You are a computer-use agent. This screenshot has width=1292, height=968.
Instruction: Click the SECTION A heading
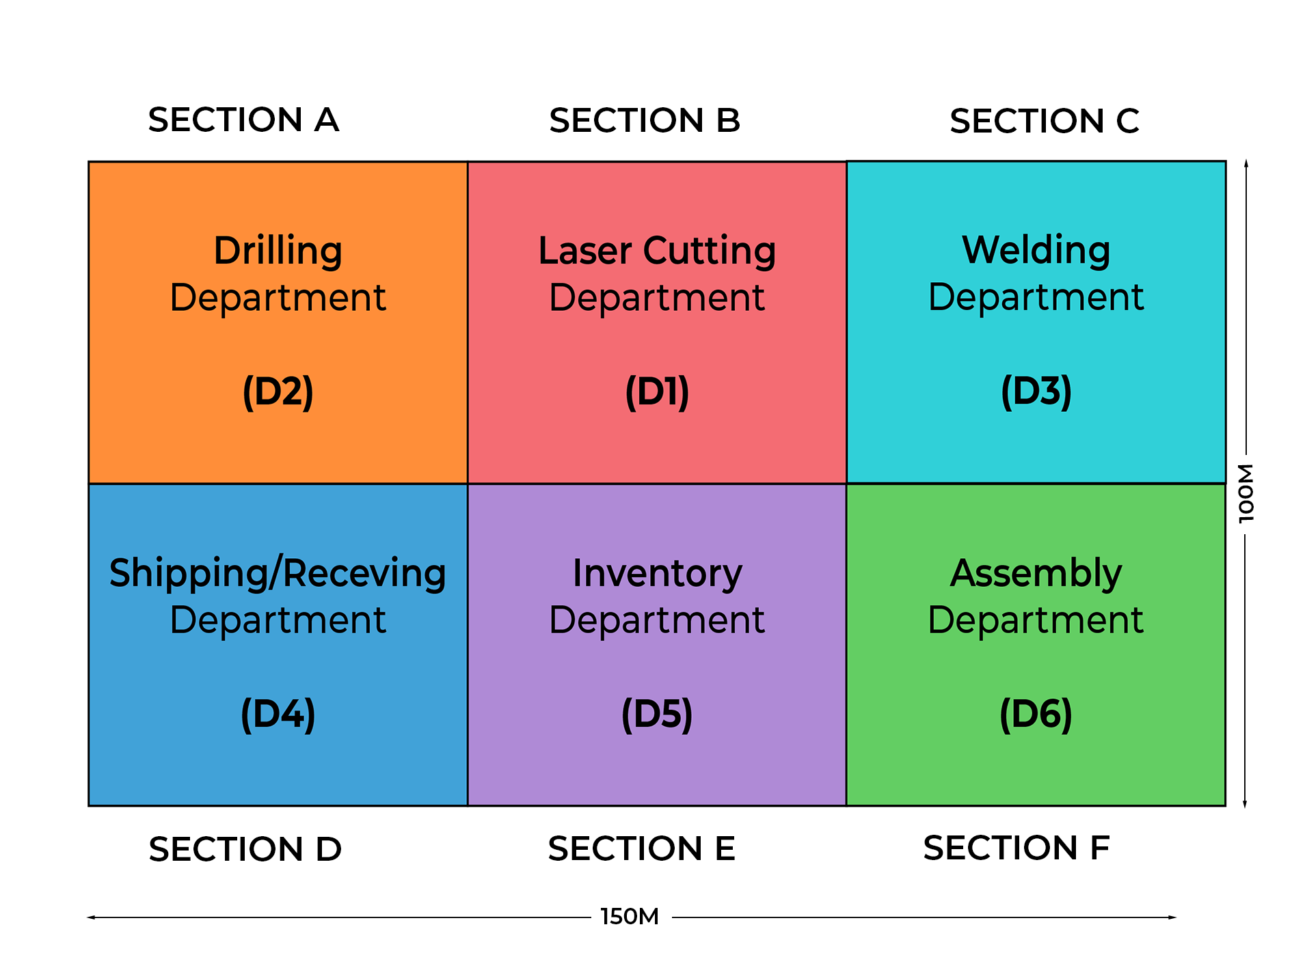243,120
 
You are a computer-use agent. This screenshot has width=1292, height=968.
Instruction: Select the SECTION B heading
645,121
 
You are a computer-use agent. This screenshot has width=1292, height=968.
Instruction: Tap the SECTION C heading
1044,122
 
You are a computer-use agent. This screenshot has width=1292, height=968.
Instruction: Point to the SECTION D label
245,849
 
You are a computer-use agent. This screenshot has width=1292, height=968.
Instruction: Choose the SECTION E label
641,848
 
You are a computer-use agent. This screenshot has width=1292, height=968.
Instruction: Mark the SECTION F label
1016,848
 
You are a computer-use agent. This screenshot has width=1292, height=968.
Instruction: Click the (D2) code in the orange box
278,391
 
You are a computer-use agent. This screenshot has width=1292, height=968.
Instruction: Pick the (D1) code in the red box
657,391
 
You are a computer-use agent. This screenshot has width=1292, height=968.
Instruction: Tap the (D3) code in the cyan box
1036,391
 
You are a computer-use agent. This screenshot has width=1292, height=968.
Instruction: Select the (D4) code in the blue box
278,714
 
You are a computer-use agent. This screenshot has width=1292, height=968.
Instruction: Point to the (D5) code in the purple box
657,714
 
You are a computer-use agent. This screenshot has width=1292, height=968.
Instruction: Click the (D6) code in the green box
1036,714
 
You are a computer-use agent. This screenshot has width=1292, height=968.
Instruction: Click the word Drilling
278,251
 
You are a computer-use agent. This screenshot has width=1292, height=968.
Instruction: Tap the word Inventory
657,572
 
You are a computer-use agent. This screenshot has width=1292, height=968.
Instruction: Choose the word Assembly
1036,572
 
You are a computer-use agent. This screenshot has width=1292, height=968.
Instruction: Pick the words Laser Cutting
657,250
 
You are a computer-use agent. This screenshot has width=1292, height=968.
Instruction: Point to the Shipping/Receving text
278,572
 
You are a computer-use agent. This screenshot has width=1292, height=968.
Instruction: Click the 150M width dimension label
630,917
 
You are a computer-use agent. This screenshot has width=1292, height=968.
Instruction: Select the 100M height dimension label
1246,493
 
